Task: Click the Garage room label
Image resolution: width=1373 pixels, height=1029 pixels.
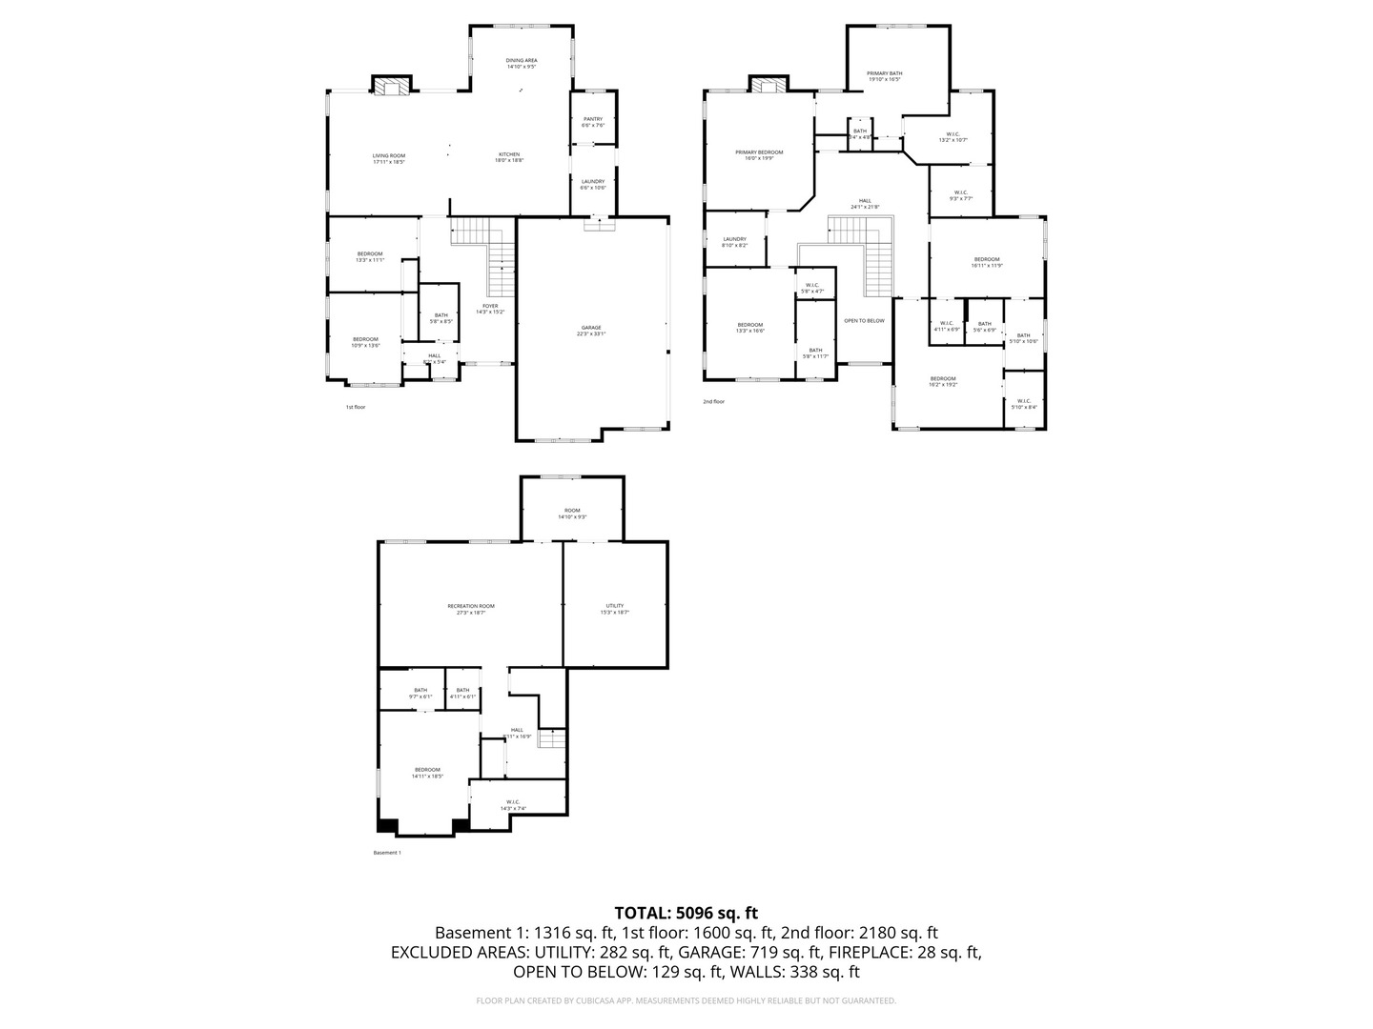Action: coord(590,330)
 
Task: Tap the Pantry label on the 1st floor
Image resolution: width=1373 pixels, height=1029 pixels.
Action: coord(592,122)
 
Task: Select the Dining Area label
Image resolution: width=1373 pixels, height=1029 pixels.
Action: coord(522,63)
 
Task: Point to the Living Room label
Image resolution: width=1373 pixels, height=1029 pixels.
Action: coord(389,158)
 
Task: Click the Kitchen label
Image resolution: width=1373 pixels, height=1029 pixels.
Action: coord(509,157)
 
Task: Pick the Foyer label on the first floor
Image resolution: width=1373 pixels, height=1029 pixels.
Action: coord(490,308)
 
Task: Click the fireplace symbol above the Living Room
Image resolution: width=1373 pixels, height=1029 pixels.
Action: coord(390,87)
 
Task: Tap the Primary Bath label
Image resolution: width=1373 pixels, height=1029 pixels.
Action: coord(884,76)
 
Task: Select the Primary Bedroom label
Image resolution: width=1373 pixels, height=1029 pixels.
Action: coord(759,155)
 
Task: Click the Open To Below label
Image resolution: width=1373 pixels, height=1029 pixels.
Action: coord(864,320)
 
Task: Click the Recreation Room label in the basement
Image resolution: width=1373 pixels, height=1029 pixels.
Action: coord(471,609)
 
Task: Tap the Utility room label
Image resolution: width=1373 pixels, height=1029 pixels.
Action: coord(615,609)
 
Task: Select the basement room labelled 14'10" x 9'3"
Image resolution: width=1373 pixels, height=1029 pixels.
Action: coord(572,514)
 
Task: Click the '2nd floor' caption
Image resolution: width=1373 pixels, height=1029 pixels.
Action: coord(713,401)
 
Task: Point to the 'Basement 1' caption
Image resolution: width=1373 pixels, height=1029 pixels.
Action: coord(387,853)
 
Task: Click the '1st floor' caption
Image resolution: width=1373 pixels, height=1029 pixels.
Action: coord(355,407)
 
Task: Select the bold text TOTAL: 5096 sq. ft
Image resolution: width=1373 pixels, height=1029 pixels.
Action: coord(686,913)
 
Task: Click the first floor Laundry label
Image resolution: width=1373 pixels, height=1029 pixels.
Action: coord(592,184)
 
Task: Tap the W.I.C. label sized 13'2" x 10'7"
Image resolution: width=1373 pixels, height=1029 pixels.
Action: coord(953,136)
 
